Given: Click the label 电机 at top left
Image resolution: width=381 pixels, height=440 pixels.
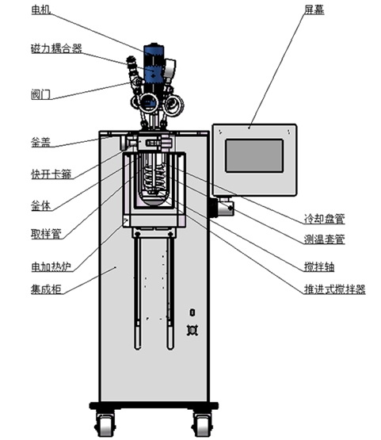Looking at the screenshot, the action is click(41, 10).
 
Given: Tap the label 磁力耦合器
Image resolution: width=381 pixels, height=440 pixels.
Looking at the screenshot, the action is click(56, 48).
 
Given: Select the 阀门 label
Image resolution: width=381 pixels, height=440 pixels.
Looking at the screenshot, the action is click(41, 94).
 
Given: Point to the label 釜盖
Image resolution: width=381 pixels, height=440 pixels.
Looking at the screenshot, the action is click(41, 143).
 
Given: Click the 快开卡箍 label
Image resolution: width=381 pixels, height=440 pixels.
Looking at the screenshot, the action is click(51, 174).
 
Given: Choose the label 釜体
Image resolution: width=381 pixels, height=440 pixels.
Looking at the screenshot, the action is click(41, 205).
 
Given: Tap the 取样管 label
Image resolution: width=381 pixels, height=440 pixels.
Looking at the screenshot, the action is click(46, 234).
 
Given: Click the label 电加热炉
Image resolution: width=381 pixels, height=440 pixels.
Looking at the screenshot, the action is click(51, 266).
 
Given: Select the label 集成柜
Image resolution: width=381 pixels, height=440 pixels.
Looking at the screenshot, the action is click(46, 289).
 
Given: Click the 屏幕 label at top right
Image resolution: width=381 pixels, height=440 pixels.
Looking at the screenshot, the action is click(314, 10).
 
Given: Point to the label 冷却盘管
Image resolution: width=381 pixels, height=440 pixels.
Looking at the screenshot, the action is click(325, 219).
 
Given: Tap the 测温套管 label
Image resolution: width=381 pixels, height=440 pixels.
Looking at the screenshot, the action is click(325, 239).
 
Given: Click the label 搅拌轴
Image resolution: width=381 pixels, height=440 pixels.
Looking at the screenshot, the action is click(319, 266).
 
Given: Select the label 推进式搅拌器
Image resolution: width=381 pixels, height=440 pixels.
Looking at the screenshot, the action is click(335, 289).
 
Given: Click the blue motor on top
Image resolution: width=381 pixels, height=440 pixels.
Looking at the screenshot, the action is click(154, 67).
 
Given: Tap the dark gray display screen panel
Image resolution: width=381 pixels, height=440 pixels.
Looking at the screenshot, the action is click(254, 155).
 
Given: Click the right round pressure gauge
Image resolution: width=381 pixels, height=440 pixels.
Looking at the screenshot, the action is click(173, 104).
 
